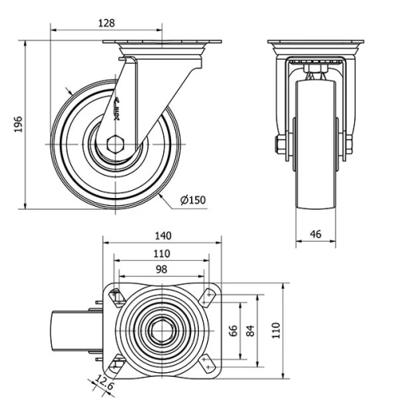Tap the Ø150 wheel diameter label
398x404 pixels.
coord(193,200)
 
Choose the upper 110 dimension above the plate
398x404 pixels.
coord(161,254)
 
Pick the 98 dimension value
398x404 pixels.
coord(161,270)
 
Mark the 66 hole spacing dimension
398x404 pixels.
coord(234,330)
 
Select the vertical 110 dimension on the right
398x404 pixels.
coord(276,330)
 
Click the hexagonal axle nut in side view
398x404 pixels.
coord(113,146)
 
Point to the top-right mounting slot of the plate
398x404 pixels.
coord(209,296)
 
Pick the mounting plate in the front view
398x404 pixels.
coord(314,43)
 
